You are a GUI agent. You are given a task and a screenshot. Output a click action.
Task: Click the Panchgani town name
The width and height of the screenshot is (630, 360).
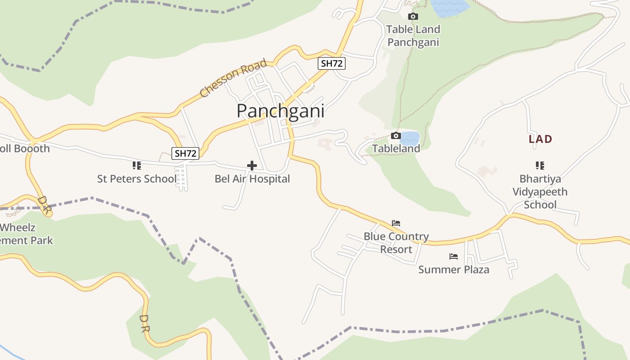(x=280, y=111)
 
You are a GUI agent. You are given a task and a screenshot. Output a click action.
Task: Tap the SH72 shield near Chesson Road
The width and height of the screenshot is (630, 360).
(x=332, y=63)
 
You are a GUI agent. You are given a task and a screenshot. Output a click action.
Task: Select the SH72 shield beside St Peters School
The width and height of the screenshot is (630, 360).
(x=185, y=153)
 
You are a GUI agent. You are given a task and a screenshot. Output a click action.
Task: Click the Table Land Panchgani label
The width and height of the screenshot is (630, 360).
(x=413, y=36)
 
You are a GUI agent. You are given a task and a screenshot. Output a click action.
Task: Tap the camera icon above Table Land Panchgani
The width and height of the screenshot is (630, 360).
(x=413, y=17)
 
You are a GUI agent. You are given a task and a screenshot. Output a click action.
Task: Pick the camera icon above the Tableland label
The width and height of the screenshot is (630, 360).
(x=396, y=135)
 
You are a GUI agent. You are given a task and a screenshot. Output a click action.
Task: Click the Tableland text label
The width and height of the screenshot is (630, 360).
(x=396, y=148)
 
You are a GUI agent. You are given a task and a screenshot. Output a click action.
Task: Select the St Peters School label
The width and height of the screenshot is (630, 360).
(x=137, y=179)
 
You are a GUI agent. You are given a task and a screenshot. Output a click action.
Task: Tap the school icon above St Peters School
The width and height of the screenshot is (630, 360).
(x=137, y=166)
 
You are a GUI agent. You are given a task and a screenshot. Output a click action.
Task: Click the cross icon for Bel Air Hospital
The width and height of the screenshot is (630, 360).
(x=252, y=166)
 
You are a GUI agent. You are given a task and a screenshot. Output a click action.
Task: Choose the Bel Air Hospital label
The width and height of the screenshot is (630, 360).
(x=252, y=179)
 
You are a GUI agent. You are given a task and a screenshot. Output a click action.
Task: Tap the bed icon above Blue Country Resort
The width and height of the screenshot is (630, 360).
(x=396, y=223)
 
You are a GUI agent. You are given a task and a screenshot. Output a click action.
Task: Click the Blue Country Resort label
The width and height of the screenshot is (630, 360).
(x=396, y=243)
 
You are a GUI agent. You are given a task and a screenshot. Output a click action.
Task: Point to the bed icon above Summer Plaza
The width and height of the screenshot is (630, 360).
(x=454, y=256)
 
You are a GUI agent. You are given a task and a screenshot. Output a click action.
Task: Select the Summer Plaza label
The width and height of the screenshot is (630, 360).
(x=454, y=270)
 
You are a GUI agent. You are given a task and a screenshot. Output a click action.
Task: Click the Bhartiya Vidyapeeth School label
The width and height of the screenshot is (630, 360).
(x=540, y=192)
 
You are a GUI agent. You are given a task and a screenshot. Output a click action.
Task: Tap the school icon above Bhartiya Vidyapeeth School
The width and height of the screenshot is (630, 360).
(x=540, y=166)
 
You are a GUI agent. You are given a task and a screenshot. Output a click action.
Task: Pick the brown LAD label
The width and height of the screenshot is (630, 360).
(x=540, y=139)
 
